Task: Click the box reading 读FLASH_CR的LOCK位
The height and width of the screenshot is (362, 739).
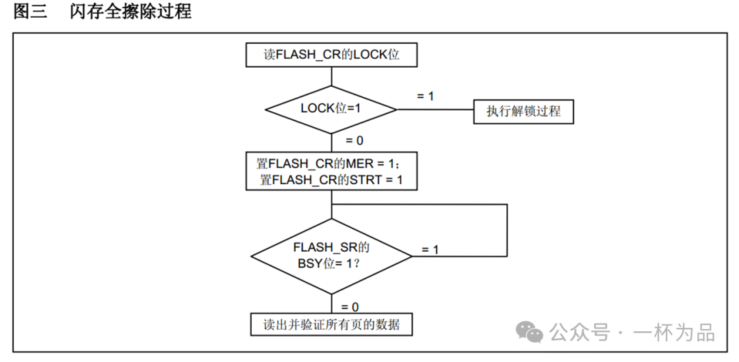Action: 331,55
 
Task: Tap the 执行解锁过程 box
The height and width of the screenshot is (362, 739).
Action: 523,111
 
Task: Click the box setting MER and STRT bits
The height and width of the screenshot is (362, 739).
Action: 331,171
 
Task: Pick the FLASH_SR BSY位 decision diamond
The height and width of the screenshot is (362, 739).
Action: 331,256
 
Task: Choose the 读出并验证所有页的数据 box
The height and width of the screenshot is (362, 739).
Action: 331,324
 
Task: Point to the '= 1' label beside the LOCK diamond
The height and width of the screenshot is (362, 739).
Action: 425,96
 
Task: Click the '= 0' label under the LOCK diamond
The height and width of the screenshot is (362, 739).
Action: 354,140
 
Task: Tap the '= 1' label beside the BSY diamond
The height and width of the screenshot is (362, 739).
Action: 430,250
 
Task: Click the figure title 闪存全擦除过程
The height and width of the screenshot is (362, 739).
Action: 130,12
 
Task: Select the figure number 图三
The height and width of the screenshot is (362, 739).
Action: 30,12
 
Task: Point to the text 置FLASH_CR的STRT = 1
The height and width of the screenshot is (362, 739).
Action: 331,180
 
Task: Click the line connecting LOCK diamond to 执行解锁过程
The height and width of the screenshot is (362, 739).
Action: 435,110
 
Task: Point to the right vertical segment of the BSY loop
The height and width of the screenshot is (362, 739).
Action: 507,229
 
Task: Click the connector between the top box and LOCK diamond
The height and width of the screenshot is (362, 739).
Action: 331,76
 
